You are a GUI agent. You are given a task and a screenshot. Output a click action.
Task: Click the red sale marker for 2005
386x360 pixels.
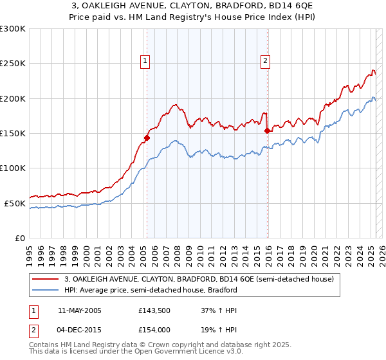(147, 137)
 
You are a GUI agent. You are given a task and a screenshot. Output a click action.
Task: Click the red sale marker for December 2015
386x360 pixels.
(267, 130)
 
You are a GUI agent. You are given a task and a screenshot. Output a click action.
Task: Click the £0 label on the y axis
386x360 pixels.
(19, 238)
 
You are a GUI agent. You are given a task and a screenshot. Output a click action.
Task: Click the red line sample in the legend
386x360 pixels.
(45, 280)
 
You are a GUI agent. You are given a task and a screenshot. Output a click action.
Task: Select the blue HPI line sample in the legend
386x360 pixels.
(45, 290)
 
